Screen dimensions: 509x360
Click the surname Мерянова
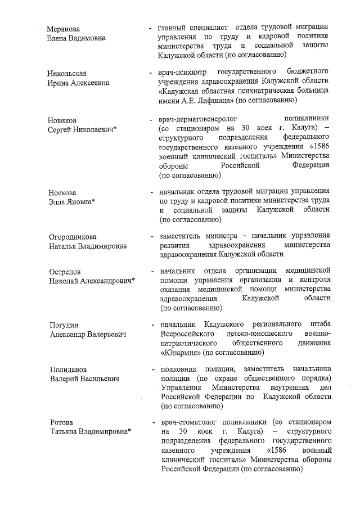tap(64, 29)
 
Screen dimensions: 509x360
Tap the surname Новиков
tap(62, 120)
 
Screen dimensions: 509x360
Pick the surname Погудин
tap(62, 325)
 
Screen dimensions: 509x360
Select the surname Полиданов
tap(67, 370)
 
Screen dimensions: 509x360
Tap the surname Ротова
tap(60, 422)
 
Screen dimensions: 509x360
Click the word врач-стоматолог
tap(188, 422)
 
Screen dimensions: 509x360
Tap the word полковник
tap(178, 370)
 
